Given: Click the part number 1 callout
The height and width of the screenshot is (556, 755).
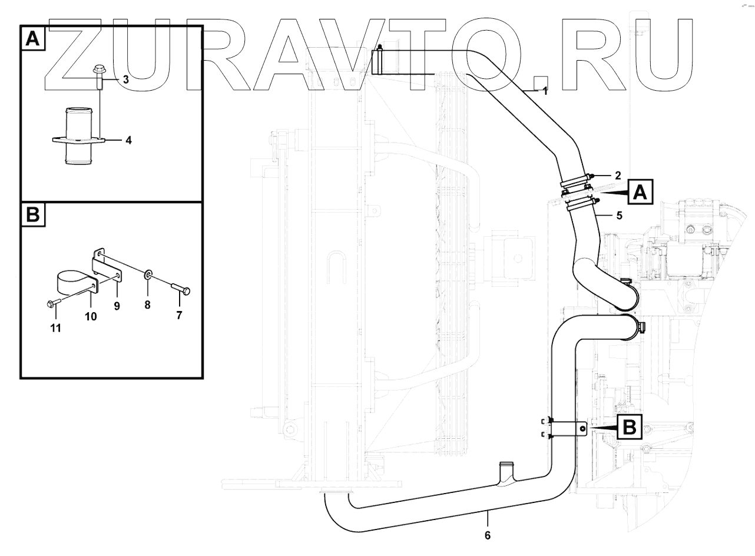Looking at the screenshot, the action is pos(545,91).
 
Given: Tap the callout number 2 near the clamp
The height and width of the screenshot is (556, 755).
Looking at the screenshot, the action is pos(617,175).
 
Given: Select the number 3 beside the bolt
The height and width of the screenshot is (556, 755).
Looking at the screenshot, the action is pos(125,79).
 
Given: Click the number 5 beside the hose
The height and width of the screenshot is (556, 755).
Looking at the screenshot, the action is pos(619,216).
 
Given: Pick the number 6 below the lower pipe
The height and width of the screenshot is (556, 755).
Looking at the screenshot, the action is pos(487,535).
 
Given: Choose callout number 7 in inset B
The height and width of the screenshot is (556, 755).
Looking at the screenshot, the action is pos(179,315).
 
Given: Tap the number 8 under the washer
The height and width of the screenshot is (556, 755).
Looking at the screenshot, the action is pos(147,305).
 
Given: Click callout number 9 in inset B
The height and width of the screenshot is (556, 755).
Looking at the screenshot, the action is pos(117,306).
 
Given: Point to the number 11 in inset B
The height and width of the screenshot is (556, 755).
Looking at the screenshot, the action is pos(55,328).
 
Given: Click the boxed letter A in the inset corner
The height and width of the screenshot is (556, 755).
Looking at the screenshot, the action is pos(34,39).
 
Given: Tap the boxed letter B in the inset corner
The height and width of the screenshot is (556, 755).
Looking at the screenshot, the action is pos(34,216).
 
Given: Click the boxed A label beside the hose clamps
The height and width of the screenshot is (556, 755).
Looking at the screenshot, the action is pos(641,192).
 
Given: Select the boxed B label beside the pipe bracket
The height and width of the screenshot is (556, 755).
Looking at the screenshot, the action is pos(630,426).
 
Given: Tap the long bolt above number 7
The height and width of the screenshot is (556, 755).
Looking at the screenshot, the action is pos(181,289).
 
